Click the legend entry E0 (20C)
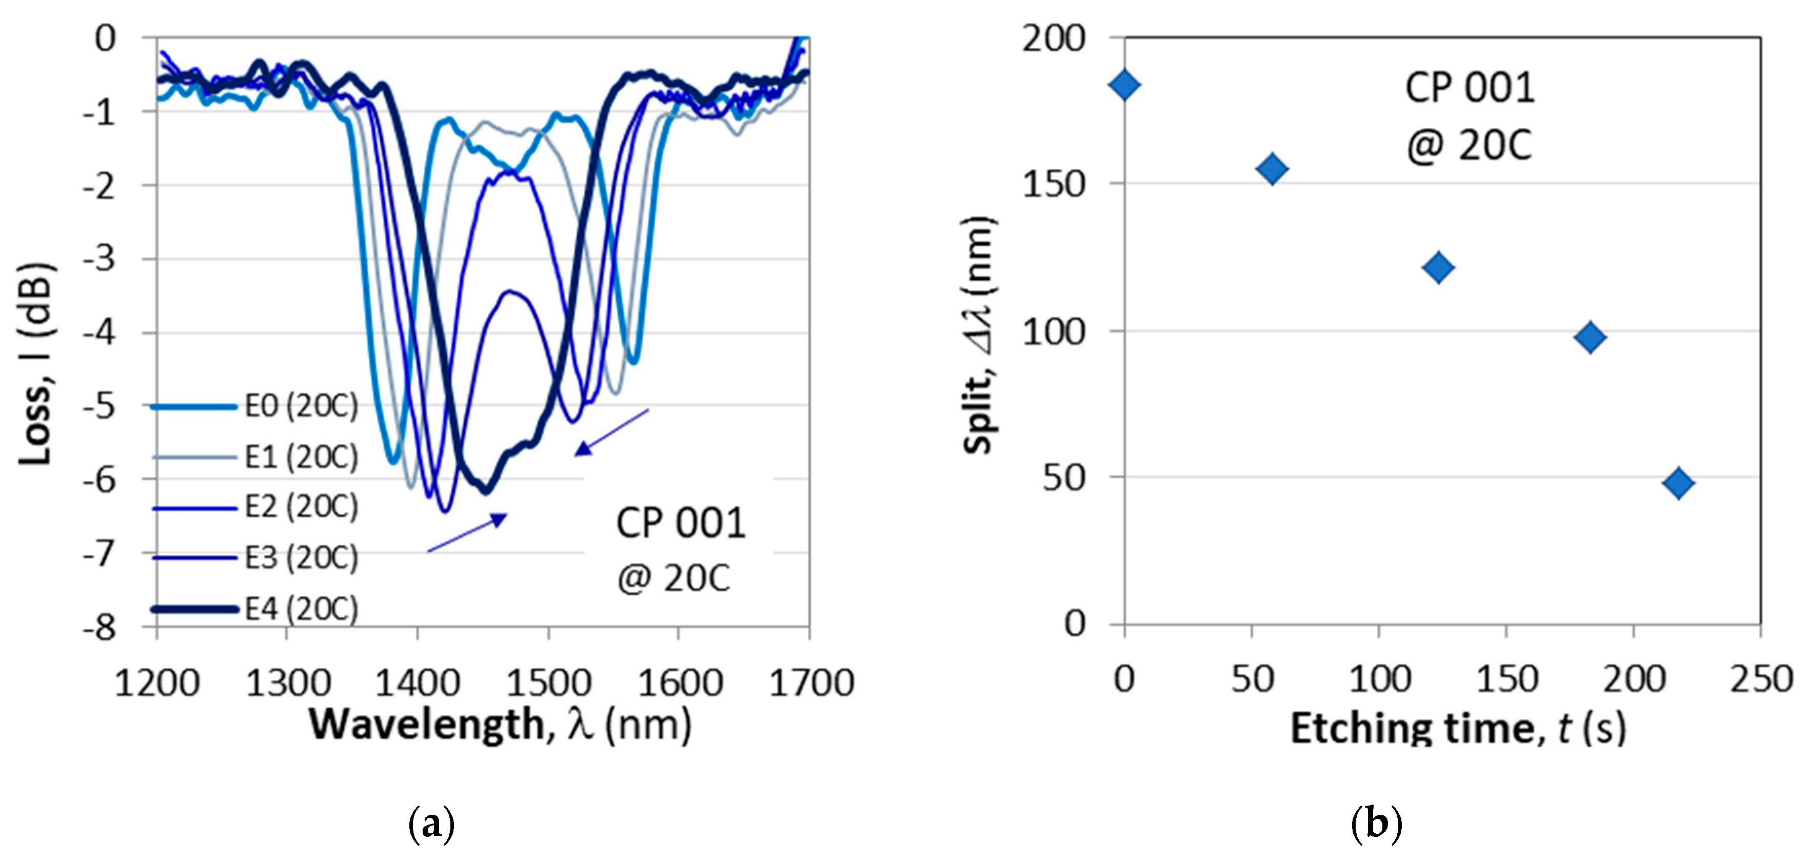tap(301, 406)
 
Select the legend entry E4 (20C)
tap(301, 608)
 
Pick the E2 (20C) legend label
tap(301, 506)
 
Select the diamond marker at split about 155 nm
tap(1273, 169)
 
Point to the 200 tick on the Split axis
tap(1053, 38)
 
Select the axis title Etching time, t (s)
tap(1457, 728)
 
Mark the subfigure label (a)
tap(431, 824)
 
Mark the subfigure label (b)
tap(1376, 824)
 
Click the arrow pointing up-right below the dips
tap(468, 533)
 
